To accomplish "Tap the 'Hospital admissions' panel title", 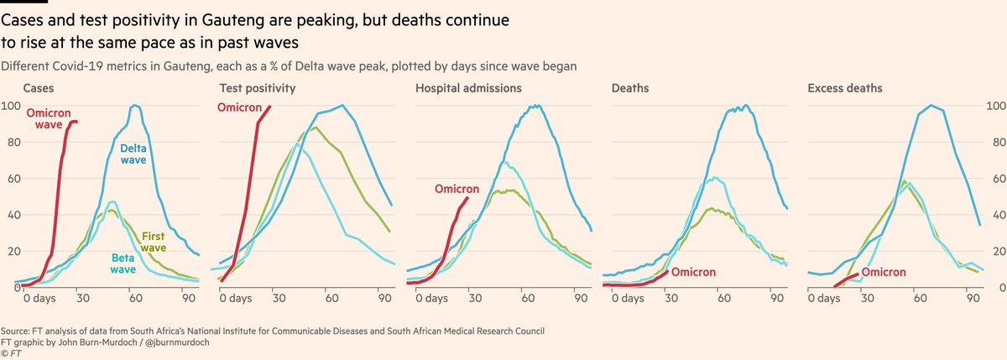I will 468,87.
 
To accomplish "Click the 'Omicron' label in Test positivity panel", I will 240,107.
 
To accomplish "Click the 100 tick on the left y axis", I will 12,106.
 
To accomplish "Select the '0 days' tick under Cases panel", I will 41,298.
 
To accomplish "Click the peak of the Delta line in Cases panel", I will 135,106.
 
